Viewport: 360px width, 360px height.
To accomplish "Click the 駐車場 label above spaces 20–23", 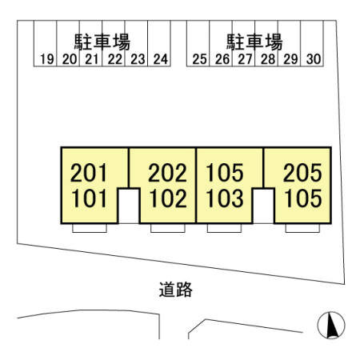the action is tap(102, 42).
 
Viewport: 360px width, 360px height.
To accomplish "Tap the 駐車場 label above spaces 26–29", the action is tap(254, 42).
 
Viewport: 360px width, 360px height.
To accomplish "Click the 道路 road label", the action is tap(176, 290).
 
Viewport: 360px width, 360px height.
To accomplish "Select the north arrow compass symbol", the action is tap(331, 325).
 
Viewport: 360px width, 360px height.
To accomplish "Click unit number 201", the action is tap(89, 173).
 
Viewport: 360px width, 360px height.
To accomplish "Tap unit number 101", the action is tap(90, 198).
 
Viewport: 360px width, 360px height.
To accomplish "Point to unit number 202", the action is tap(167, 173).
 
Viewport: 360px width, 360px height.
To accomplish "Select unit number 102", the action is tap(168, 198).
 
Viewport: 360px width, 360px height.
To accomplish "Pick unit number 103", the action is tap(225, 198).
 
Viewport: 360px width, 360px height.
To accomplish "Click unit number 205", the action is tap(302, 173).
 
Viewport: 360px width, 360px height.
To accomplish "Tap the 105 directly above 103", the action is tap(225, 173).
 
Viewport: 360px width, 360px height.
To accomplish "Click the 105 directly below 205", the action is tap(303, 198).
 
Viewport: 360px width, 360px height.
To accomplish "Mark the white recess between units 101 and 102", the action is tap(129, 206).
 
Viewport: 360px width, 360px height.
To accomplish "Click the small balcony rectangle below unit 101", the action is tap(90, 228).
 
